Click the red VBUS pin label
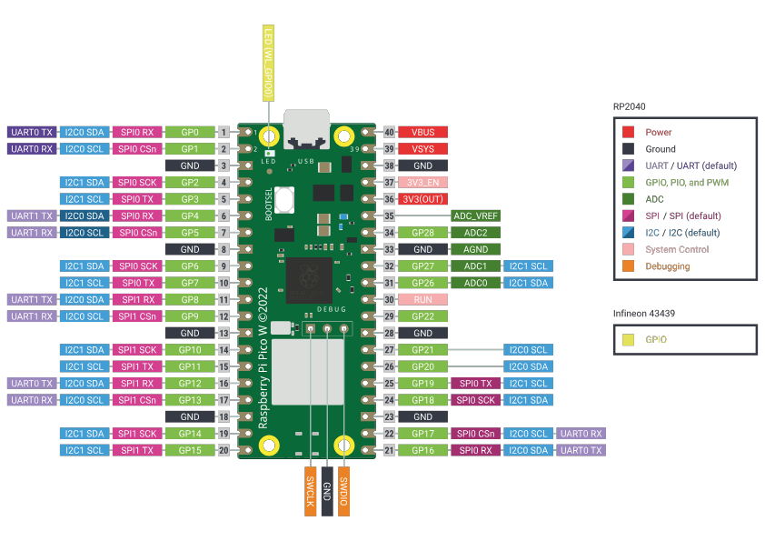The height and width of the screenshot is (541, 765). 422,132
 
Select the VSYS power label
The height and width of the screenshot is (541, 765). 422,148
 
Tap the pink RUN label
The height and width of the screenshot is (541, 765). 422,299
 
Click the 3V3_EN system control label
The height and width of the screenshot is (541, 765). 422,182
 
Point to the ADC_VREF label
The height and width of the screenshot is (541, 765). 476,215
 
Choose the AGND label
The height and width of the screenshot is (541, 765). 476,249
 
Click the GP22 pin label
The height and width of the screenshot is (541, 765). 422,316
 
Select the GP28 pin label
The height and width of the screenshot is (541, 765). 422,232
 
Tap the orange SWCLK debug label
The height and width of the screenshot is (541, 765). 310,491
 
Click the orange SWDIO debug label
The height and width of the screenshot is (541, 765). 343,491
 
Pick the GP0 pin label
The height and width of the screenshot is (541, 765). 190,132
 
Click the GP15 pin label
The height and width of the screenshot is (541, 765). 190,450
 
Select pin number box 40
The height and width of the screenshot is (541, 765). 389,132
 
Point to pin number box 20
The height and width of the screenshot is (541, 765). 223,450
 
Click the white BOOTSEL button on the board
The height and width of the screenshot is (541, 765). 285,199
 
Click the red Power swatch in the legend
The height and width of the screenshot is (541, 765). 629,132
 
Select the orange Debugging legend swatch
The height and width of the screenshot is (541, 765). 629,266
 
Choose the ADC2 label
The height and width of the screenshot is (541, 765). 476,232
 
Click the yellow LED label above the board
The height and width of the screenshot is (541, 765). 269,63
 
